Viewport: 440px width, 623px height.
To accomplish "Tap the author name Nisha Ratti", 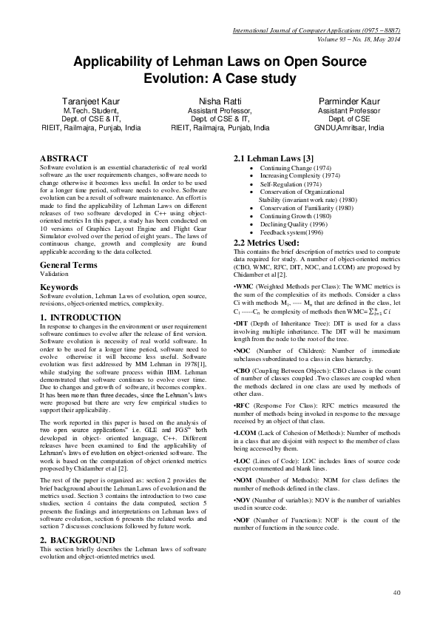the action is (220, 101).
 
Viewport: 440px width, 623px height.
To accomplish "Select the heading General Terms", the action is (72, 264).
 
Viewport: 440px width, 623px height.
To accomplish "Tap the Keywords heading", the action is (59, 286).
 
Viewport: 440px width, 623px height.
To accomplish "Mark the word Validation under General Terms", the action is (53, 273).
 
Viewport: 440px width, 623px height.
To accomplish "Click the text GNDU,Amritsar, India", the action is (356, 127).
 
